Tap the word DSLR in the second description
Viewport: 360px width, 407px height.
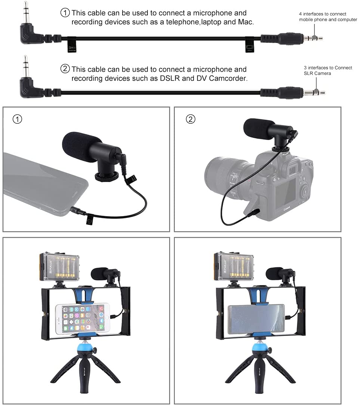click(x=170, y=78)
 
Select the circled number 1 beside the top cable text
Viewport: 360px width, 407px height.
click(x=65, y=13)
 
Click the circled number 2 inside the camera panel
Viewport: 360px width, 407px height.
click(x=190, y=119)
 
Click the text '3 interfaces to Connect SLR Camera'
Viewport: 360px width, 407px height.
click(x=328, y=70)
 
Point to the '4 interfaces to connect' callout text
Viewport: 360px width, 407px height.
click(x=322, y=14)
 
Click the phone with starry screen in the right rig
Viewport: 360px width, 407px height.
click(x=256, y=319)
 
